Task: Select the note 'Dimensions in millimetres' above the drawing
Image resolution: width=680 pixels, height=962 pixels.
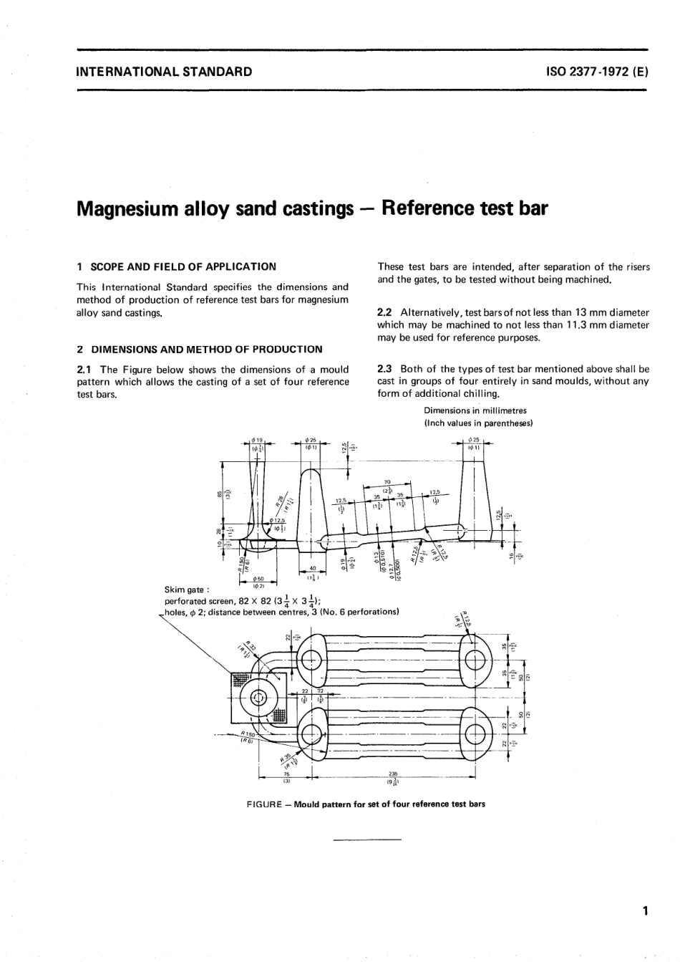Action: [475, 411]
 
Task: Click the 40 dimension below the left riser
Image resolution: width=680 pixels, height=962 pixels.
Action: [313, 569]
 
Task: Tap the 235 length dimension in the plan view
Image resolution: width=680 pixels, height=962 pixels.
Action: [393, 774]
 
